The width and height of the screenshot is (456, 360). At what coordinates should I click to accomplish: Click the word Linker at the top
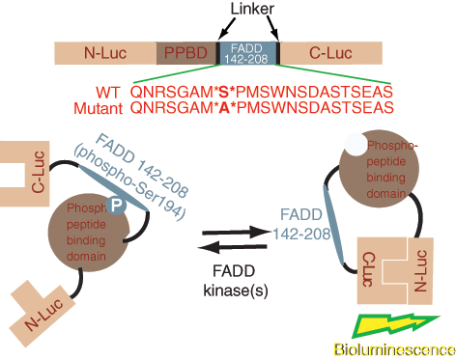coord(252,9)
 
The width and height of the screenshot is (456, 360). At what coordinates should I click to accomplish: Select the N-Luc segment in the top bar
coord(105,53)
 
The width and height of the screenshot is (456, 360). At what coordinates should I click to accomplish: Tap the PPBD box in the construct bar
coord(186,53)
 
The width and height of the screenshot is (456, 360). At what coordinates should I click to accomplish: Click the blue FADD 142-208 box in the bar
coord(246,53)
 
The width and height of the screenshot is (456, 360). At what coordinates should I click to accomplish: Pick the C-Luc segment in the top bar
coord(330,53)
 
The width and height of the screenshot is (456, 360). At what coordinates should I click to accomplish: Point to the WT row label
coord(107,93)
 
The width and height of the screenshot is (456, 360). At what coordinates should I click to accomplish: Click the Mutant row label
coord(99,108)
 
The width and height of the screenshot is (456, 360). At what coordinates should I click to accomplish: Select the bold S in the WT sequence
coord(223,93)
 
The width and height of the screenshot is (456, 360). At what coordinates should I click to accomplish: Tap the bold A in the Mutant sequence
coord(224,108)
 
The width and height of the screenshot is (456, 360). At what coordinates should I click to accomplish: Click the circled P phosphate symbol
coord(116,205)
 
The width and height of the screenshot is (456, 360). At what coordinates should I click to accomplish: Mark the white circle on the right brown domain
coord(356,145)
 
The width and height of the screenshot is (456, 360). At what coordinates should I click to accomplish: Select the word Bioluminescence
coord(394,349)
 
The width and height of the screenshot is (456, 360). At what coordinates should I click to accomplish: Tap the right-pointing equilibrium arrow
coord(236,233)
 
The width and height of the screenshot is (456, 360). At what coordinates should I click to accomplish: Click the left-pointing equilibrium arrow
coord(232,247)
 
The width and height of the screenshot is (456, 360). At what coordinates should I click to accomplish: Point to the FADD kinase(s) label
coord(236,281)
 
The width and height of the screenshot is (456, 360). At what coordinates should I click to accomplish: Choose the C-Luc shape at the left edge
coord(24,174)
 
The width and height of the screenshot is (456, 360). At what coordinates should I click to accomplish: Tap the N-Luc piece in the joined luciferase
coord(420,271)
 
